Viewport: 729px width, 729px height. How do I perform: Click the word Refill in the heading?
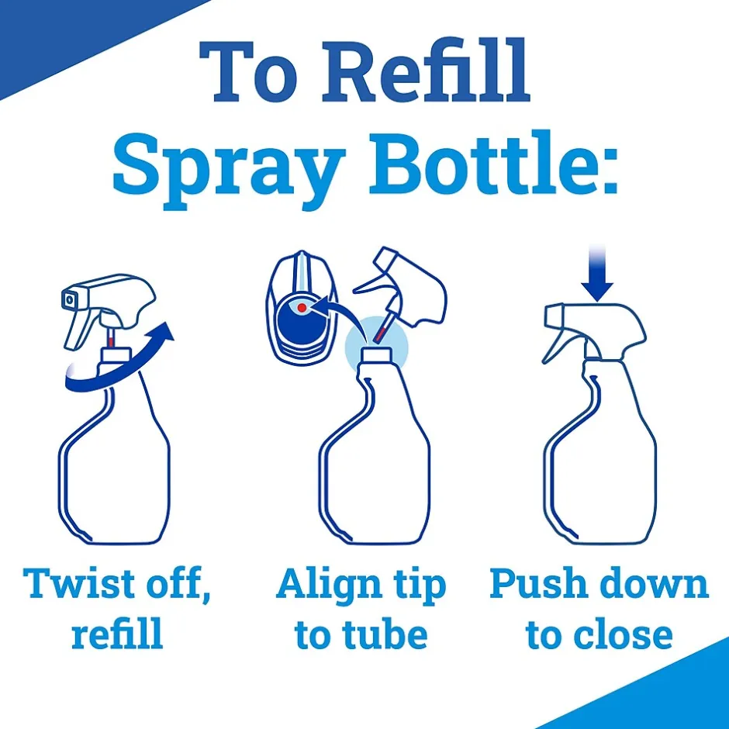point(426,71)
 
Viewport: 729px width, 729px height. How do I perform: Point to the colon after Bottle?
point(606,171)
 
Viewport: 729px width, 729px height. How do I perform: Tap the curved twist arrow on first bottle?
point(119,367)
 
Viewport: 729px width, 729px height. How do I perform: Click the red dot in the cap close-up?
point(302,308)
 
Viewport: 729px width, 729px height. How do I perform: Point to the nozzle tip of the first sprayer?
point(69,300)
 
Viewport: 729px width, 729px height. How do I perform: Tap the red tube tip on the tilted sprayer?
point(382,333)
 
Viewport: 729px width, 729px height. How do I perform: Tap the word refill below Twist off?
point(117,634)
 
